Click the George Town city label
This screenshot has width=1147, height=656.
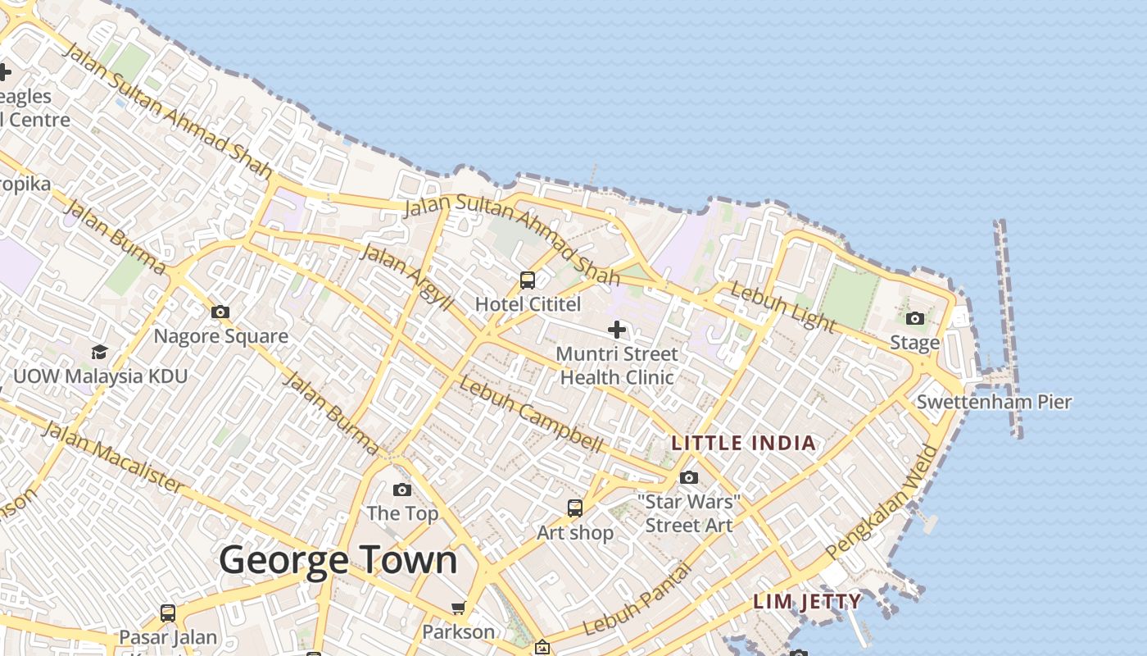338,561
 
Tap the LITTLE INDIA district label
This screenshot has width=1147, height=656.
744,444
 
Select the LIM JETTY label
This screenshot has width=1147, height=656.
807,601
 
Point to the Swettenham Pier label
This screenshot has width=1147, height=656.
994,402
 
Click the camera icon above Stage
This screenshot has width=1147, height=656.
915,318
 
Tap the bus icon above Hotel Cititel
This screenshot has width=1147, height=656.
528,280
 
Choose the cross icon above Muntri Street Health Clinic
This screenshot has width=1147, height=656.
617,330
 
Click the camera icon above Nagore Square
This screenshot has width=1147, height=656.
220,312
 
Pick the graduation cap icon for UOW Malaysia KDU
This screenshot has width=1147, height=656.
100,352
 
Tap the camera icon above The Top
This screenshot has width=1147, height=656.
402,490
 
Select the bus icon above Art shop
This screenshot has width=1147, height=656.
575,508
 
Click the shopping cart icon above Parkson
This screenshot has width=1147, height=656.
459,608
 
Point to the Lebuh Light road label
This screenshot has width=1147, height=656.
782,307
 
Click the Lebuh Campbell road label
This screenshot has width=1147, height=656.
531,413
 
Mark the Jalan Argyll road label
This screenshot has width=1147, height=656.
406,276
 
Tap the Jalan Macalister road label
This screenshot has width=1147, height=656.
113,457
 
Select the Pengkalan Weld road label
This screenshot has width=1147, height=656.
882,501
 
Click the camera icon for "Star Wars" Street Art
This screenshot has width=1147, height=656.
689,477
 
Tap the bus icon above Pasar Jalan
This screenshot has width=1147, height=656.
168,613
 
